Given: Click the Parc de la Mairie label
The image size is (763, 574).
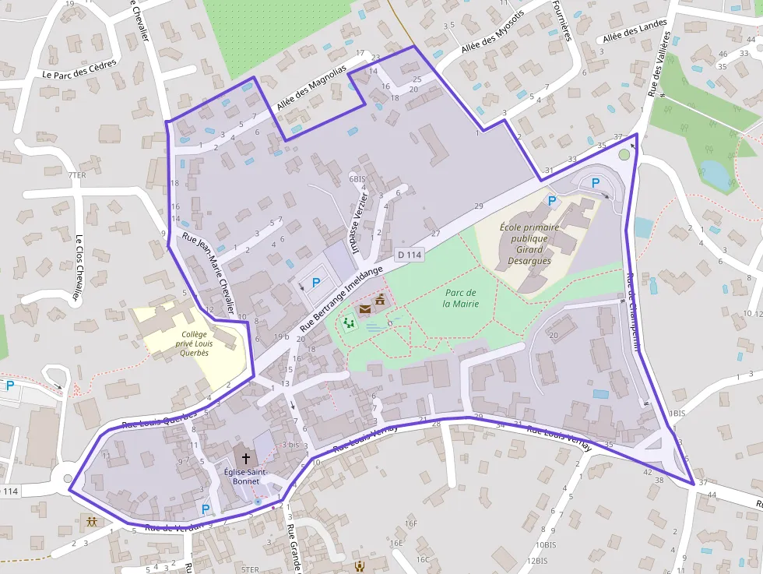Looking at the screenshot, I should (459, 298).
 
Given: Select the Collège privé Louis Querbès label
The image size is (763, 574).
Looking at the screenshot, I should (185, 343).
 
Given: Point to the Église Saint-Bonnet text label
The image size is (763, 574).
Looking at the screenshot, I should (246, 476).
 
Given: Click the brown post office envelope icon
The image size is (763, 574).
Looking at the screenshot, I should (365, 308).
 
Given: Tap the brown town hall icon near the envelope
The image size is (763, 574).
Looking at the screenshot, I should (381, 301).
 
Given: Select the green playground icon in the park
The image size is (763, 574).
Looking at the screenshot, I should (348, 322).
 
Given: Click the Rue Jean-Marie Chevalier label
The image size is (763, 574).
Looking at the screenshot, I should (208, 270).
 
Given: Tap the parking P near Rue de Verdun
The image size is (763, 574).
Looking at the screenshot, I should (206, 509).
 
